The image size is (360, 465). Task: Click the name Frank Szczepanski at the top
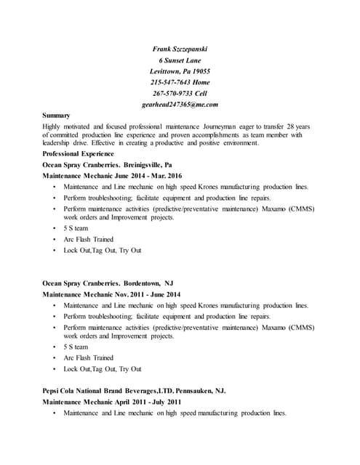[x=180, y=49]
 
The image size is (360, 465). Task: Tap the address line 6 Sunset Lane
[x=180, y=60]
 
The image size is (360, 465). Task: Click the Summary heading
[x=56, y=115]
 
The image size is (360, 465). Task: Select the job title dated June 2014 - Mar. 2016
[x=112, y=176]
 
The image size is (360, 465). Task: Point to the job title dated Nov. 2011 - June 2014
[x=111, y=294]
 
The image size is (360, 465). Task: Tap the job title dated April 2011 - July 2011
[x=112, y=402]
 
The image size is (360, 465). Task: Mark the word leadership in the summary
[x=60, y=143]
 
